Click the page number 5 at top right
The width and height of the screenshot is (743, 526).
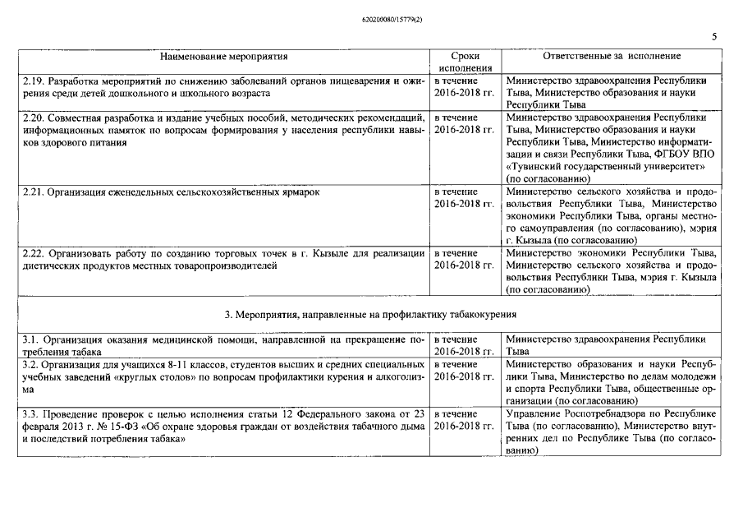(714, 37)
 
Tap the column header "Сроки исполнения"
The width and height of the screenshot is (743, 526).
(466, 62)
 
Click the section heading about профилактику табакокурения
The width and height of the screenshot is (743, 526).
(370, 314)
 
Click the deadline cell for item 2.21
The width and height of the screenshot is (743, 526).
(464, 197)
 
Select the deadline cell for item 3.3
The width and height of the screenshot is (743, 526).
(464, 419)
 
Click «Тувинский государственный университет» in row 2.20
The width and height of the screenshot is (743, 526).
(588, 166)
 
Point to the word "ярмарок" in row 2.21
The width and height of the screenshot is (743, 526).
(296, 191)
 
